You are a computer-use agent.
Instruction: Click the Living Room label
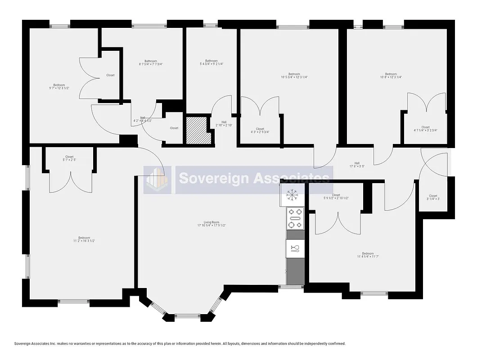pos(211,224)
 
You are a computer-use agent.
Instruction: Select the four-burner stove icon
pos(295,218)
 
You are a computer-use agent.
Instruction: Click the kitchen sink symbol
pos(295,248)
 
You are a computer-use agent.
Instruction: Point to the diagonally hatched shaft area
pos(198,131)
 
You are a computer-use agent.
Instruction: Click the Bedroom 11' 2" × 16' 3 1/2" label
pos(84,239)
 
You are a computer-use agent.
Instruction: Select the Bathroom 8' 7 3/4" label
pos(151,63)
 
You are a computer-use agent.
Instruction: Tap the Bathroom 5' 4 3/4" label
pos(211,63)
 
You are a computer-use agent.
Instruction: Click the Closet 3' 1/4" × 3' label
pos(433,198)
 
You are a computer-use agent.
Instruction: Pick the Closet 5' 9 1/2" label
pos(336,197)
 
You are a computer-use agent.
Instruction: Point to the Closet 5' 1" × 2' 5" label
pos(69,158)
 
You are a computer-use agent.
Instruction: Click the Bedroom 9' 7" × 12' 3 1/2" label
pos(59,87)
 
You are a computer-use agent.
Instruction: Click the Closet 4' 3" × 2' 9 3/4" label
pos(260,130)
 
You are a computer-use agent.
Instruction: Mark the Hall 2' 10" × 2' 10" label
pos(224,123)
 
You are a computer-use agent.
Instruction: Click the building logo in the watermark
pos(157,180)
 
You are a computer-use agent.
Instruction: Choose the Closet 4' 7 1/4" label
pos(425,129)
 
